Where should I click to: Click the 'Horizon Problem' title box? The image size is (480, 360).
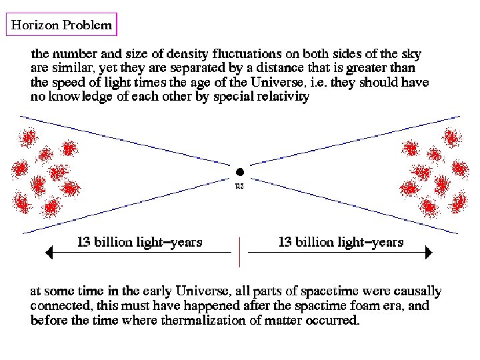[x=61, y=25]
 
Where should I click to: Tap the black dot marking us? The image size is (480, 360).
[x=240, y=172]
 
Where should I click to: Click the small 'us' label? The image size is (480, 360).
[x=240, y=186]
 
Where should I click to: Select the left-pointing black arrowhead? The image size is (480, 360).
[x=48, y=253]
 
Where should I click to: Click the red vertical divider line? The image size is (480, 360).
[x=240, y=251]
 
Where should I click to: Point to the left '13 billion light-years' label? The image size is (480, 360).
[x=140, y=241]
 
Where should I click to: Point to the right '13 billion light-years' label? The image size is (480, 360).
[x=341, y=241]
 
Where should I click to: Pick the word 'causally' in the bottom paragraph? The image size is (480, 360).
[x=417, y=291]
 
